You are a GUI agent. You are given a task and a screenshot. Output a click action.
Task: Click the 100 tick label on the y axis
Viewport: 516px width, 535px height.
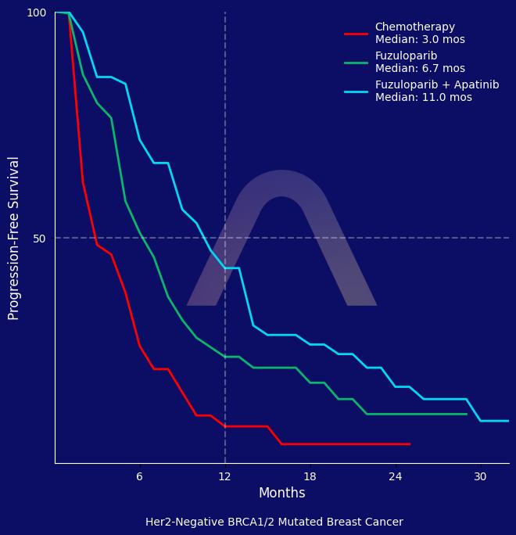37,13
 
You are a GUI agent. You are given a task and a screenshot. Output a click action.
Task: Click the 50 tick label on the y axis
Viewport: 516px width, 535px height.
39,238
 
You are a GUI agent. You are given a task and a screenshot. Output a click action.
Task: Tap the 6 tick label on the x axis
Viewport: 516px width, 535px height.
139,476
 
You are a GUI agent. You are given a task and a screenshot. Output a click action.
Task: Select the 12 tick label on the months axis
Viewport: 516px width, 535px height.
225,476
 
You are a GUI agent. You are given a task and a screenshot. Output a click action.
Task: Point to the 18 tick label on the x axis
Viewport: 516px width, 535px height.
310,476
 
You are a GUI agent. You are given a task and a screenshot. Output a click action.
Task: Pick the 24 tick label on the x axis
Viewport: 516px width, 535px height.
396,476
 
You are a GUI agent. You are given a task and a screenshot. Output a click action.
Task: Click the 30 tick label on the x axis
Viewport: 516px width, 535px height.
480,476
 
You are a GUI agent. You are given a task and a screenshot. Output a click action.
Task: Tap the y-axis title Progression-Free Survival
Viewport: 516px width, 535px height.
14,238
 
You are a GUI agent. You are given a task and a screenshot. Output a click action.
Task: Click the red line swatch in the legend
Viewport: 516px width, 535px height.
356,34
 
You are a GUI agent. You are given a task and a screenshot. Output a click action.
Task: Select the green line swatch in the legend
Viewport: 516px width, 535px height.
356,63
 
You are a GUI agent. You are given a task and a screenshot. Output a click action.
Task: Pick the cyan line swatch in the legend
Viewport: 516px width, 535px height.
356,92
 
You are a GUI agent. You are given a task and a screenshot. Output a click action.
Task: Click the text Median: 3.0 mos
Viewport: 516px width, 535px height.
420,40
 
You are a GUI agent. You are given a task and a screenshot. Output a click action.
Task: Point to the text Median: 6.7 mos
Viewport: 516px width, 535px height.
420,69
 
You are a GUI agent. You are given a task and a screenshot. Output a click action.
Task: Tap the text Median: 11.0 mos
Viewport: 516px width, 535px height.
423,98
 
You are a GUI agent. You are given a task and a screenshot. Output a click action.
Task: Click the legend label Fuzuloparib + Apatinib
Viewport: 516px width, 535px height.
436,84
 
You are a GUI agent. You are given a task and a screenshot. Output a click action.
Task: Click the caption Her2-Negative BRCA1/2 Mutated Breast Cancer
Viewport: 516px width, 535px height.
274,522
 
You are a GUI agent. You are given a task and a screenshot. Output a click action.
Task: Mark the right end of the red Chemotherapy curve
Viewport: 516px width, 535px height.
410,444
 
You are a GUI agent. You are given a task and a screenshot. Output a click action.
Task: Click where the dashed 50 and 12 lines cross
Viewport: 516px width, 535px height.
225,238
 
